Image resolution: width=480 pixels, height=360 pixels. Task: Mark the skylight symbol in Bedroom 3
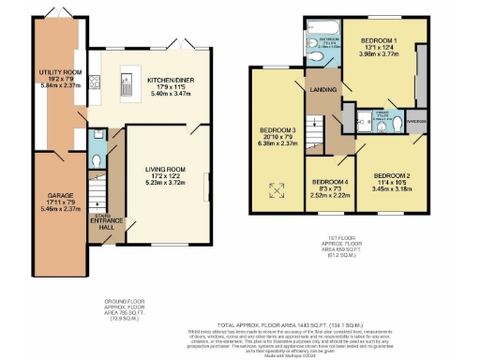277,189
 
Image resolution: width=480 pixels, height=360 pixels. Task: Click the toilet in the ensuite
401,121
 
